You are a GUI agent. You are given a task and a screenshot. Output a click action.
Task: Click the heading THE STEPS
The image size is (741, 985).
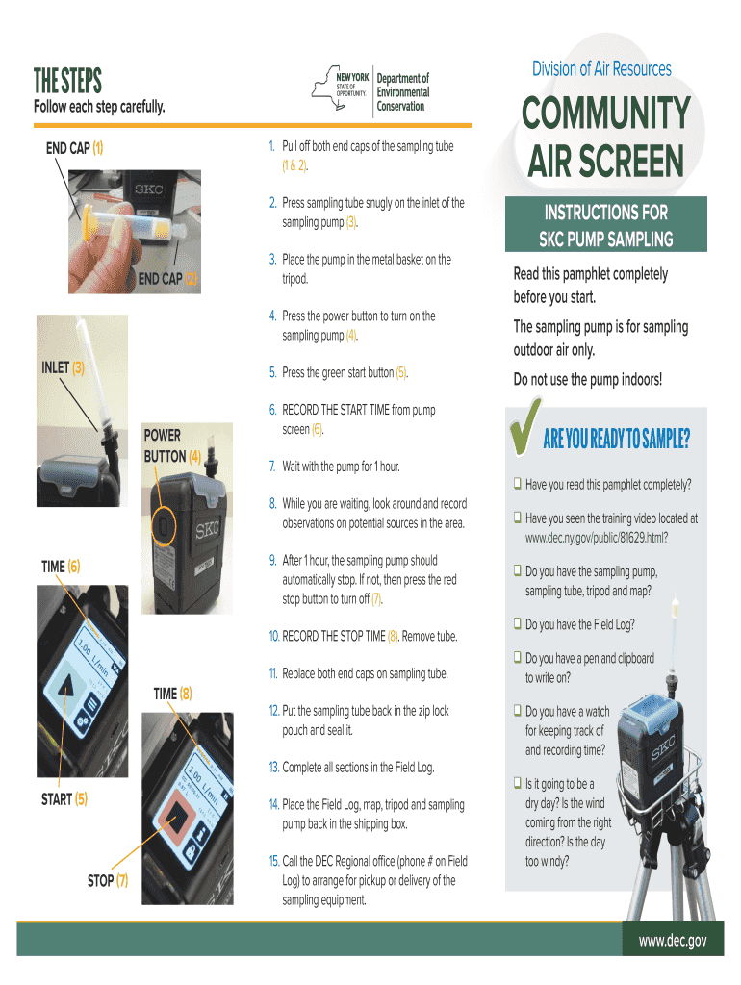[67, 81]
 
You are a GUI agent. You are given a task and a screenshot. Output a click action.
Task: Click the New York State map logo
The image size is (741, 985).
[340, 88]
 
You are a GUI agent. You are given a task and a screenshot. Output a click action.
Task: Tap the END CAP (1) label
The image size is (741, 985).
[74, 148]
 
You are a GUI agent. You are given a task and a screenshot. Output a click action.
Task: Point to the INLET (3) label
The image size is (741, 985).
[63, 367]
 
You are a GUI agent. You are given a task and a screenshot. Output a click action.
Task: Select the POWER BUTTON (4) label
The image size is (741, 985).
[172, 445]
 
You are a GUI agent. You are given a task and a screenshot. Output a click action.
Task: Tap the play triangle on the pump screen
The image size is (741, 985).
[64, 689]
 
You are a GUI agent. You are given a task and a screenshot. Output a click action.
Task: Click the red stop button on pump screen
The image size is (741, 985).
[178, 818]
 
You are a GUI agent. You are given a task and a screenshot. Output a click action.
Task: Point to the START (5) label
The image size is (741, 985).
[64, 799]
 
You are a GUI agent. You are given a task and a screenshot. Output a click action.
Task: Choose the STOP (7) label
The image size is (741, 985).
[108, 881]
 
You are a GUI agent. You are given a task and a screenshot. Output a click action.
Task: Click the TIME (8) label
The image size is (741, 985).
[173, 694]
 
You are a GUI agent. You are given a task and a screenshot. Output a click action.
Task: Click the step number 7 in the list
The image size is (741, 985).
[272, 467]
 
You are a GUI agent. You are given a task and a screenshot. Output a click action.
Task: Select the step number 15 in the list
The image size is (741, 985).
[274, 861]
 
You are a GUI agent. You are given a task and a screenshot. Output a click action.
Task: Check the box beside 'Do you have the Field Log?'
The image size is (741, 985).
[518, 623]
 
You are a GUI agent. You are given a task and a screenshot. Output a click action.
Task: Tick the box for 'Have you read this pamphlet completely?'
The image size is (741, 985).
[518, 484]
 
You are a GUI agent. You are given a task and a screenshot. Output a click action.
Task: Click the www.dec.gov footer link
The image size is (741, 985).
[673, 941]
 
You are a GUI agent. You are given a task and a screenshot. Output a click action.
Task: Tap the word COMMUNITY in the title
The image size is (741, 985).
[606, 114]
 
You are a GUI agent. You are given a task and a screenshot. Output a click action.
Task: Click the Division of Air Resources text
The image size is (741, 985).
[601, 68]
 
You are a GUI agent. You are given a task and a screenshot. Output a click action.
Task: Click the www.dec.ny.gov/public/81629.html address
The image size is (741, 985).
[597, 538]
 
